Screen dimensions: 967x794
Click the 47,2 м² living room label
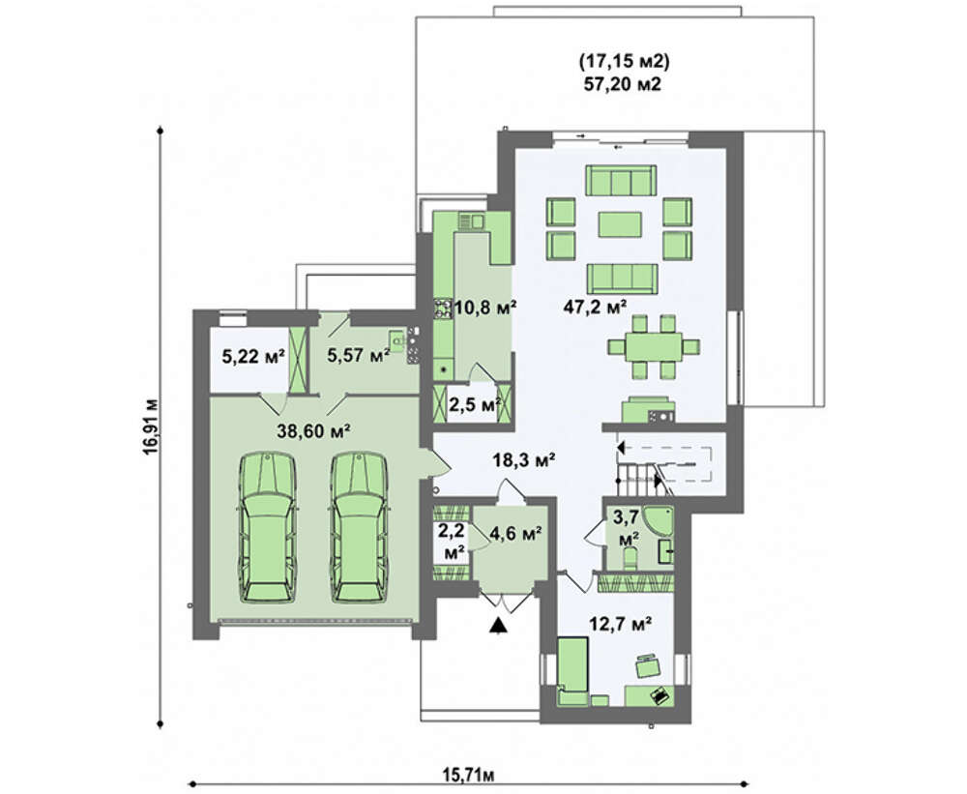(595, 306)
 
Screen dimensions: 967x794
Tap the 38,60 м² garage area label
(314, 431)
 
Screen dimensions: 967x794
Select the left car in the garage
(267, 527)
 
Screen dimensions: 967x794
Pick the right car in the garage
(360, 527)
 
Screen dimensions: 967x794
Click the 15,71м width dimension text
(469, 774)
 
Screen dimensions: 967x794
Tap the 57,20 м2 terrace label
(622, 84)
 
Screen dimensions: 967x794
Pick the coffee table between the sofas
(619, 224)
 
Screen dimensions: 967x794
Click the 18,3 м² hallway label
(524, 459)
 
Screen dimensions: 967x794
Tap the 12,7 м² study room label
(621, 625)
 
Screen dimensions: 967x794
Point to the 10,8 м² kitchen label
(484, 307)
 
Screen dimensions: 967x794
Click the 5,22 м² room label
(252, 356)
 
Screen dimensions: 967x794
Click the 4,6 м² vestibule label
(515, 532)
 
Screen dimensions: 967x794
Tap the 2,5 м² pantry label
(474, 404)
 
